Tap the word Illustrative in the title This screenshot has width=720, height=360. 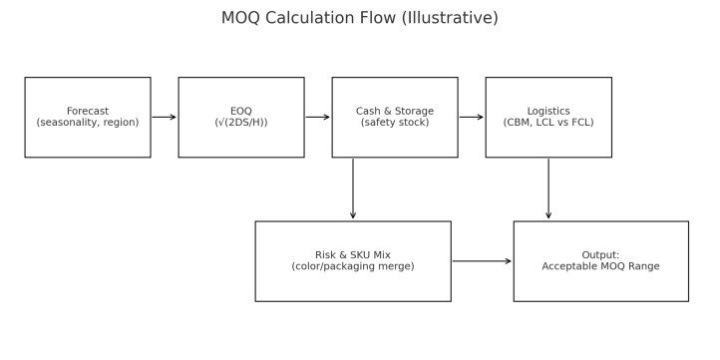[x=450, y=18]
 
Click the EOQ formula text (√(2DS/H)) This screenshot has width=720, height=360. [x=241, y=123]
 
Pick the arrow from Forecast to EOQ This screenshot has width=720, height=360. [x=165, y=117]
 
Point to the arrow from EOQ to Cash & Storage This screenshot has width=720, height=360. [x=318, y=117]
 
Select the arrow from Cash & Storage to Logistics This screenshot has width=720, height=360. [x=472, y=117]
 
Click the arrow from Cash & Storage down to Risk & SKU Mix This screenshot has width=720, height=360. [x=353, y=189]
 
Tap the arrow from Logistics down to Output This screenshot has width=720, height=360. [x=548, y=189]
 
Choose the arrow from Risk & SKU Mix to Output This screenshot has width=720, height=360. [x=482, y=261]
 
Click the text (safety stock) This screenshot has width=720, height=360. [x=395, y=123]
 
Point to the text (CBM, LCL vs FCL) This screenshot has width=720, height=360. [x=548, y=123]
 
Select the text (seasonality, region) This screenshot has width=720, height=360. [x=88, y=123]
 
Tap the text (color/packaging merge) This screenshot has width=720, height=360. [x=353, y=266]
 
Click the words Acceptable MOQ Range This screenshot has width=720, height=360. [x=600, y=266]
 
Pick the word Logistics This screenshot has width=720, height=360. [x=548, y=111]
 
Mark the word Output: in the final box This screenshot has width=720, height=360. [x=600, y=255]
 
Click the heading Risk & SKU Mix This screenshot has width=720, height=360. [x=353, y=255]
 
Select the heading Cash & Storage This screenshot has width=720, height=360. [x=395, y=111]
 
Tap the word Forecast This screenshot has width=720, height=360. [x=88, y=111]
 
